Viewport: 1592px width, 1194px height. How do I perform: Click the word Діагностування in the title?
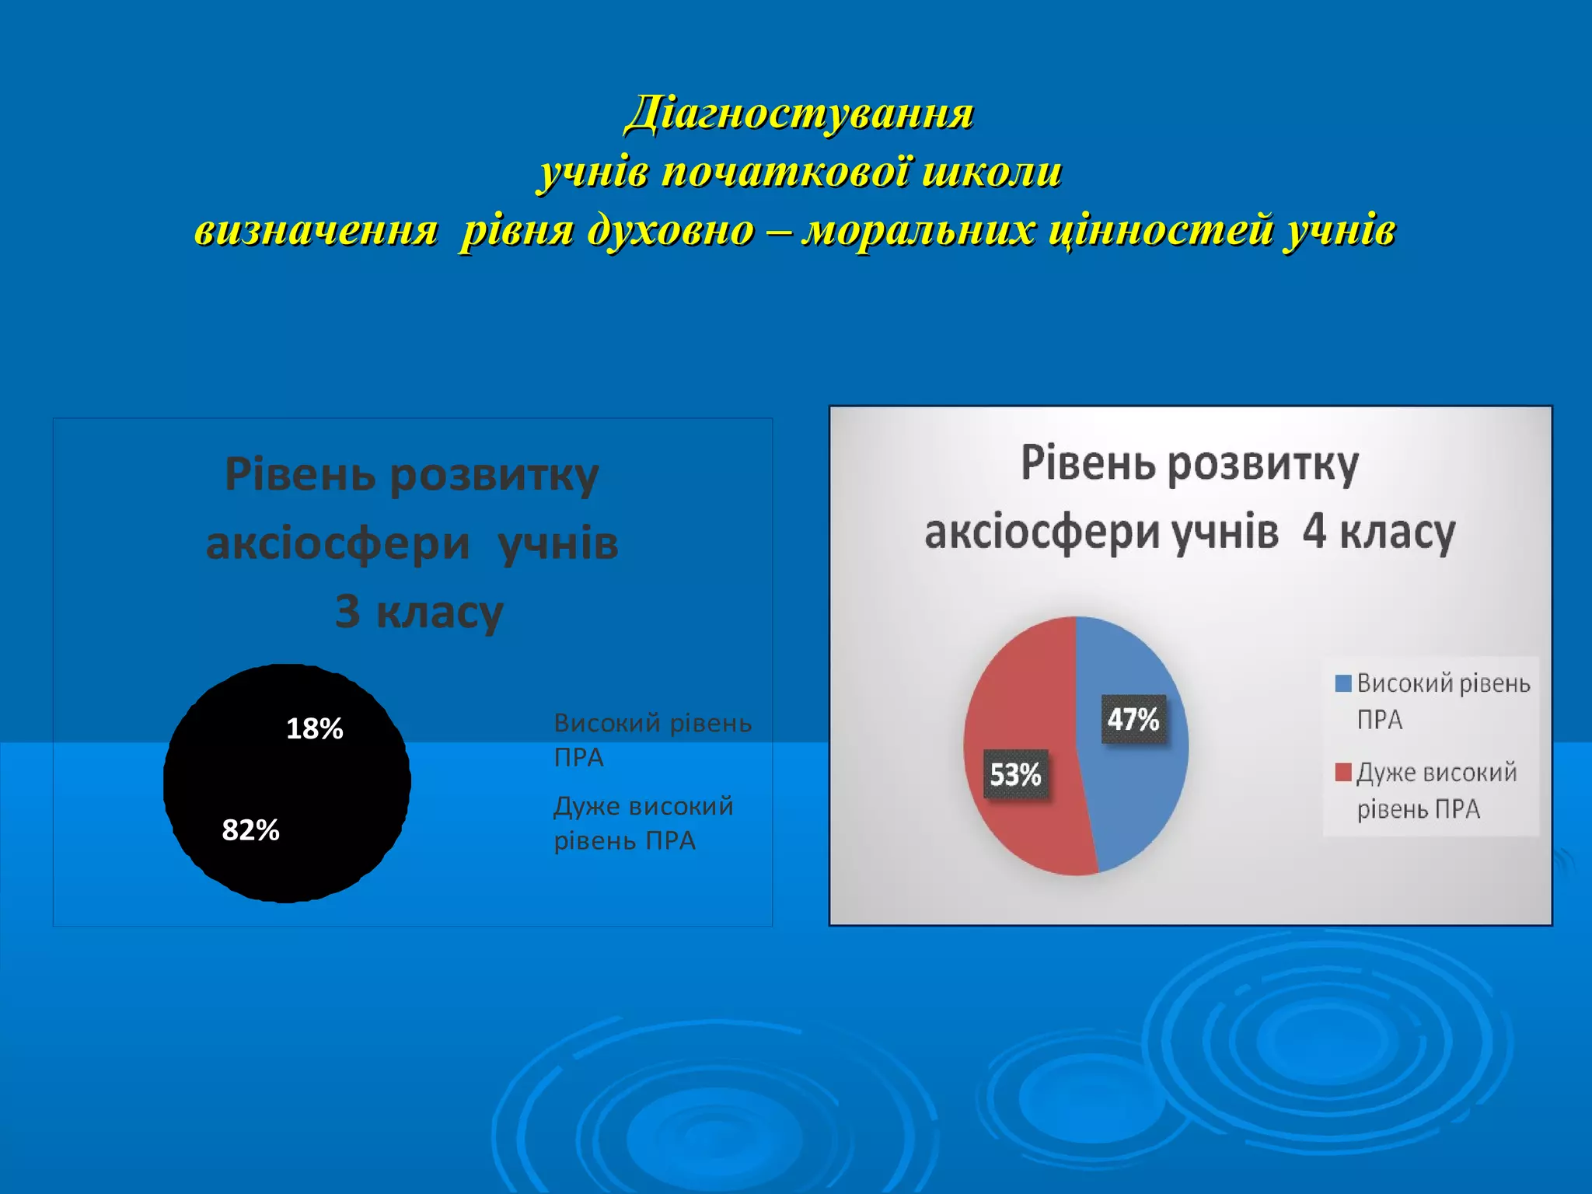799,113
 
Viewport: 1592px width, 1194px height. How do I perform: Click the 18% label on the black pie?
314,729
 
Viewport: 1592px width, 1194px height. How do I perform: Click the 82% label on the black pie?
250,830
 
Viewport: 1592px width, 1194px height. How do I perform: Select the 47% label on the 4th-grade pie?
1133,719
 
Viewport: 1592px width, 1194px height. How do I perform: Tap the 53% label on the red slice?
1015,774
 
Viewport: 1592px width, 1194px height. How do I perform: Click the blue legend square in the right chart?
1342,683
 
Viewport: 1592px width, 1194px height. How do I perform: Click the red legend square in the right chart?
1342,772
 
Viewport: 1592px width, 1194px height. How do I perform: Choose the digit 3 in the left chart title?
347,612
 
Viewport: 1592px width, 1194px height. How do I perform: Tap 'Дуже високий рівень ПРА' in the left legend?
642,823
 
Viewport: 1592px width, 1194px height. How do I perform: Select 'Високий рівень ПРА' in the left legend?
651,739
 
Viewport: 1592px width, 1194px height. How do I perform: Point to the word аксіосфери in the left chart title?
337,543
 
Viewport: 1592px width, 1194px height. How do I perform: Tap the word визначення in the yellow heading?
316,231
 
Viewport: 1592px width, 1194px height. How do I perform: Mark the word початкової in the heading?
785,172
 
